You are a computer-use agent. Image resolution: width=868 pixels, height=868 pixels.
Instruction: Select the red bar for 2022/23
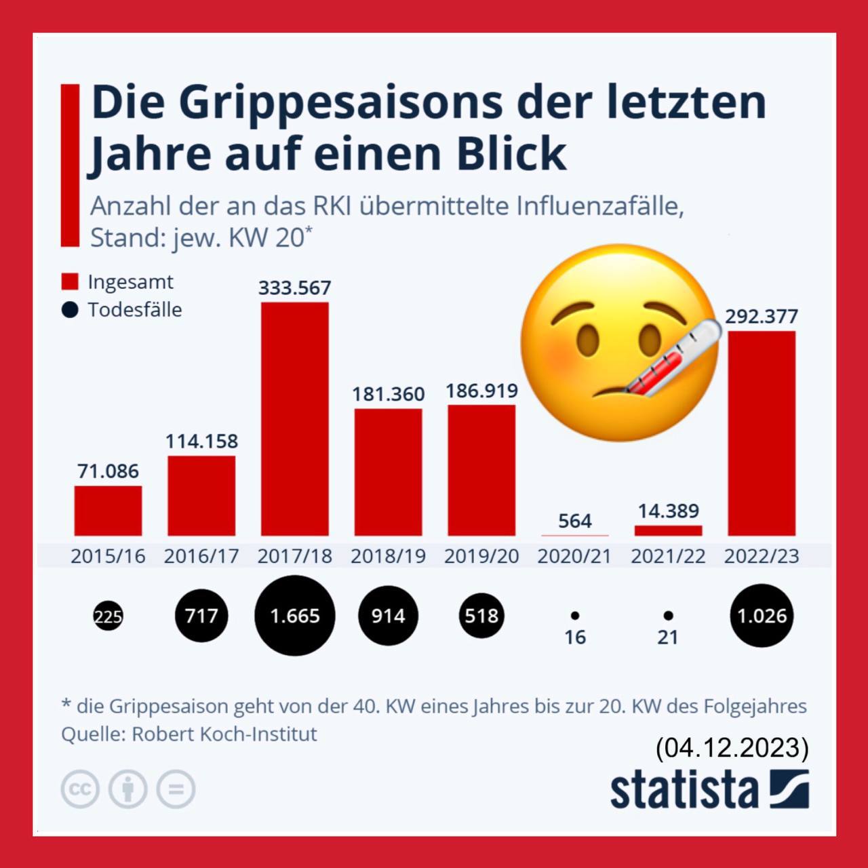pyautogui.click(x=762, y=433)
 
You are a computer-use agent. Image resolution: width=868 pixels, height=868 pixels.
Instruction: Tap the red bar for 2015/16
pyautogui.click(x=108, y=511)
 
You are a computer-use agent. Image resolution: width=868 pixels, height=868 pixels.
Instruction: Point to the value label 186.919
pyautogui.click(x=481, y=391)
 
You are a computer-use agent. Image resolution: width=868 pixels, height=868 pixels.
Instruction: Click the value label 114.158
pyautogui.click(x=201, y=441)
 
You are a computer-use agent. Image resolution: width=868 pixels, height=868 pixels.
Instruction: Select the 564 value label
pyautogui.click(x=574, y=521)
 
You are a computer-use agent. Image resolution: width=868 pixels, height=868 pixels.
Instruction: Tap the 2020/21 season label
pyautogui.click(x=574, y=556)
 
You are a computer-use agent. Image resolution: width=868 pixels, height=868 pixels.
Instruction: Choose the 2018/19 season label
pyautogui.click(x=388, y=556)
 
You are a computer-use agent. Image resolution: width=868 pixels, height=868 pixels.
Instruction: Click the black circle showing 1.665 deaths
pyautogui.click(x=294, y=616)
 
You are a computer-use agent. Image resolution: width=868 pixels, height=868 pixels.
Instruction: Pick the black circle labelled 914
pyautogui.click(x=388, y=616)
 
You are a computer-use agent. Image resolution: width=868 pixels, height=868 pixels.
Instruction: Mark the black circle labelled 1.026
pyautogui.click(x=762, y=616)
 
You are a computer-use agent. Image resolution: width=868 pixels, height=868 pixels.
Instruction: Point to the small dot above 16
pyautogui.click(x=574, y=616)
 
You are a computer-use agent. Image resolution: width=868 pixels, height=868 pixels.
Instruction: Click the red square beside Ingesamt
pyautogui.click(x=70, y=281)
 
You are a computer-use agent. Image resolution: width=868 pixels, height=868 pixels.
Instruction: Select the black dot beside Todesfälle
pyautogui.click(x=70, y=310)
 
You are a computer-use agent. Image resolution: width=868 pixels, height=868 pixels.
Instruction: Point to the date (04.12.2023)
pyautogui.click(x=732, y=747)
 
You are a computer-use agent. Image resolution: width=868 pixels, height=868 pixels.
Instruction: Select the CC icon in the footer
pyautogui.click(x=80, y=789)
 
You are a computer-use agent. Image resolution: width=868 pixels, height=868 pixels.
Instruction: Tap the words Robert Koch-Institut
pyautogui.click(x=224, y=734)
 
